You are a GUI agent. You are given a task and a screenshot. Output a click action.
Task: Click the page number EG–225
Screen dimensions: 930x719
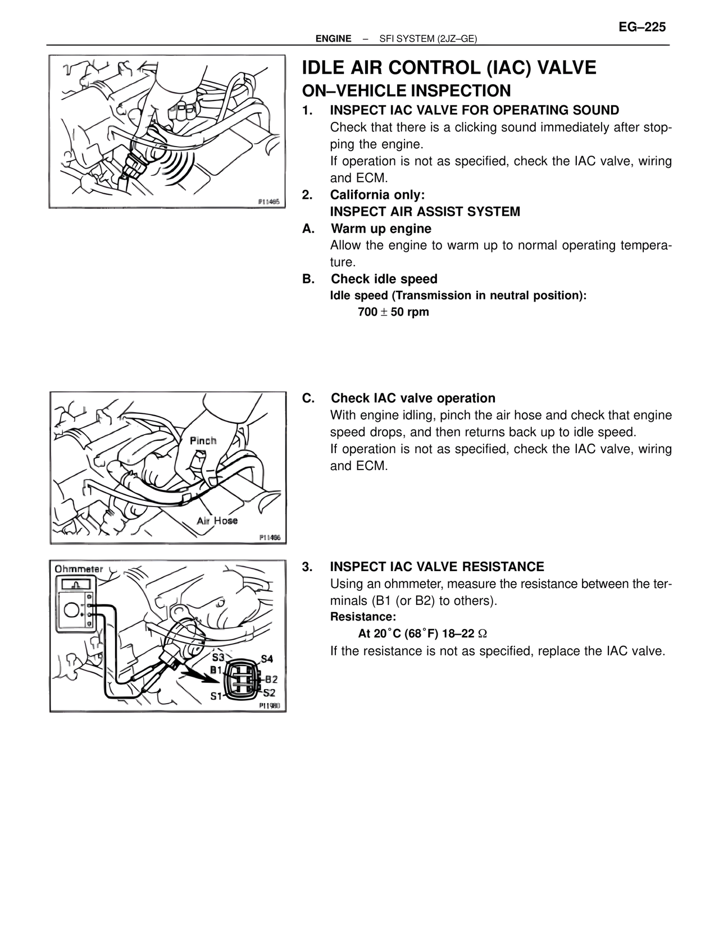[x=642, y=27]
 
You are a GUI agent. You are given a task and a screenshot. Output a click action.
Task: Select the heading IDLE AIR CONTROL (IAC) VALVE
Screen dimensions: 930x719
[x=449, y=68]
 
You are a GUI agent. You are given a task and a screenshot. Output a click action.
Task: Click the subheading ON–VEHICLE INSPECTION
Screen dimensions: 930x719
[x=406, y=91]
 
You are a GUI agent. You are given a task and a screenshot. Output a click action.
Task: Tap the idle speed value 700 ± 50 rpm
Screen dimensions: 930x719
[x=393, y=312]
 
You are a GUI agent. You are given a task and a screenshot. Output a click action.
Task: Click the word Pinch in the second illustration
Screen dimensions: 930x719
[x=203, y=441]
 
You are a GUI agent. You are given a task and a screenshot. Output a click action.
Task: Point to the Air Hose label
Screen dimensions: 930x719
[x=217, y=521]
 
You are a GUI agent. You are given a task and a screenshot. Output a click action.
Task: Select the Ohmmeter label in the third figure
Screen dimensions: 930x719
[x=79, y=569]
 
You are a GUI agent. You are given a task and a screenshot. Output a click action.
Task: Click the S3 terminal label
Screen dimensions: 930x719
[x=218, y=657]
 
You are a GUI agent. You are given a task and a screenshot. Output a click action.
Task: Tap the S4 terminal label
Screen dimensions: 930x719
[x=267, y=659]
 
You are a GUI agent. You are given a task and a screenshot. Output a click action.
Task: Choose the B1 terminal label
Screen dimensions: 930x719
[x=216, y=669]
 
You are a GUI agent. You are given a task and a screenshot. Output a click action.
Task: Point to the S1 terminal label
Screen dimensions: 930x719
[x=216, y=696]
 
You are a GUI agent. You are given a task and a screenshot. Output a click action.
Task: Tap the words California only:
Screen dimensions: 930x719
[x=377, y=195]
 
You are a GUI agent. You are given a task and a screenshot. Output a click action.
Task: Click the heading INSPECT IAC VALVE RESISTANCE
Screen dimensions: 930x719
[x=436, y=567]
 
